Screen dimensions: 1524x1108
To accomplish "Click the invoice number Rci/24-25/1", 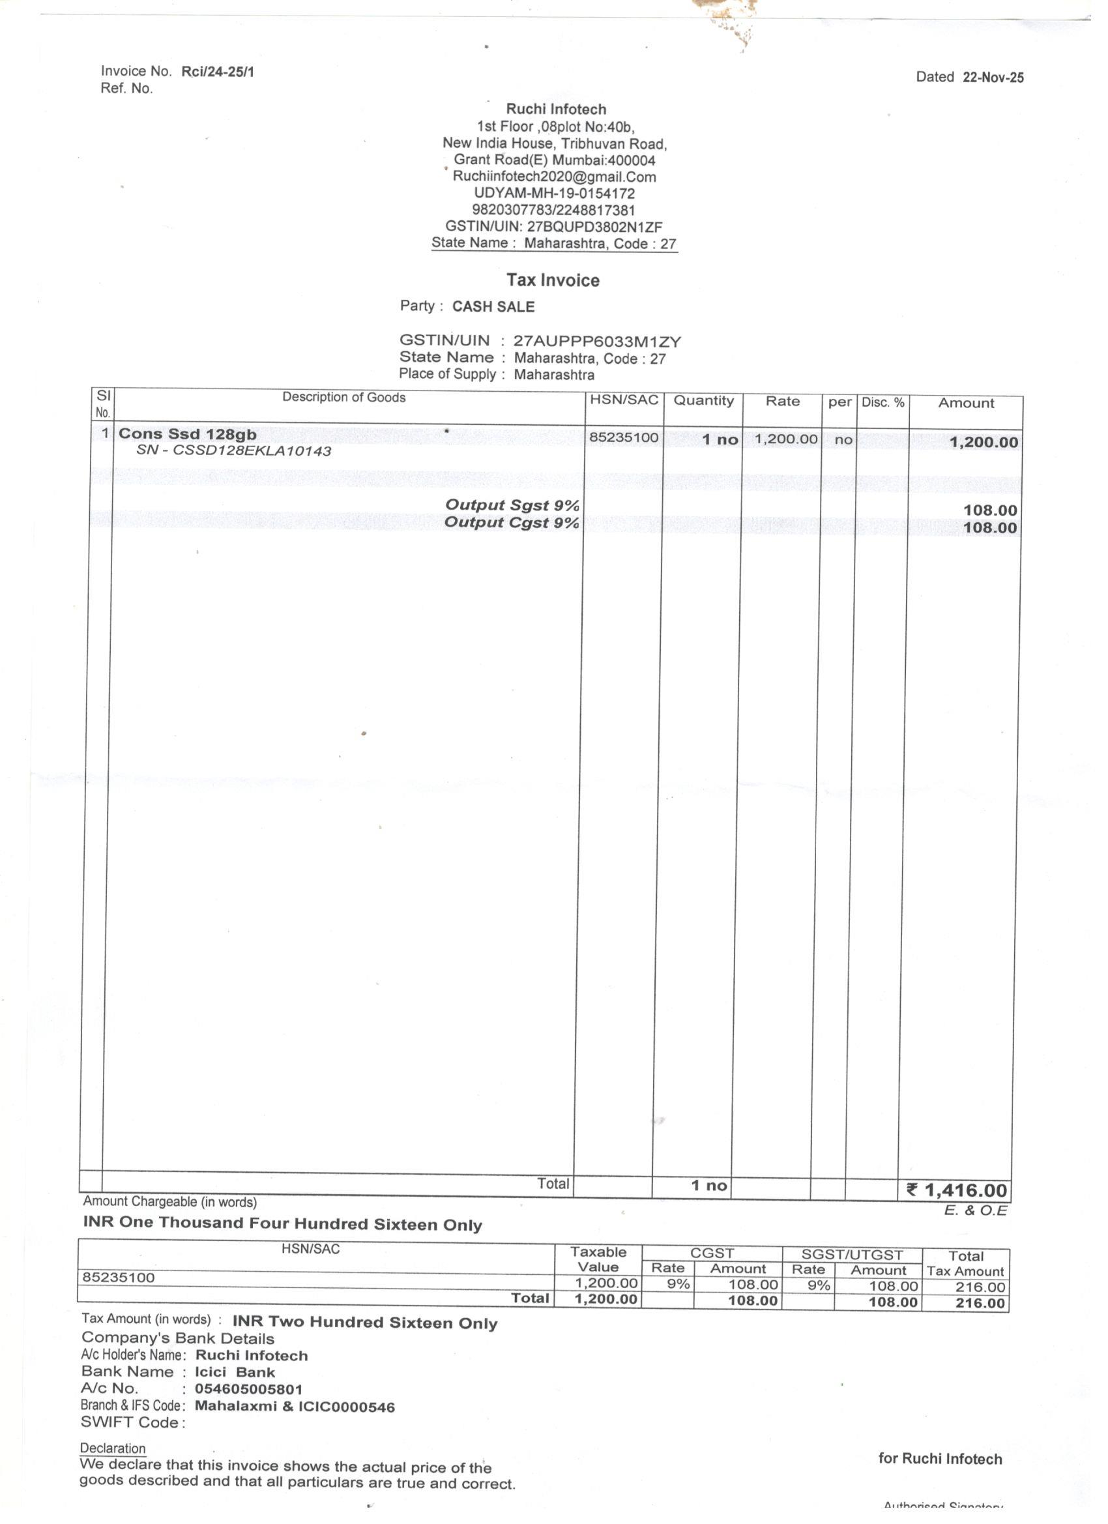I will tap(218, 72).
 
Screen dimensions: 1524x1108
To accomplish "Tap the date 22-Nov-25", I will tap(993, 78).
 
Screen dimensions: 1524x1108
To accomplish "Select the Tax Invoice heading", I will tap(552, 280).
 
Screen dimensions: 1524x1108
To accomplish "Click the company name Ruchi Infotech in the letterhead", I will tap(556, 109).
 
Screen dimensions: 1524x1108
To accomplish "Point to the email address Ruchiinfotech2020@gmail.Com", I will tap(555, 177).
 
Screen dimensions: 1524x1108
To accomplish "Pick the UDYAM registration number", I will tap(555, 194).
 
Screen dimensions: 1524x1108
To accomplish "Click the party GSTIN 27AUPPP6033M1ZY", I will tap(596, 342).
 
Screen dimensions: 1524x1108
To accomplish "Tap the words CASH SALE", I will tap(493, 307).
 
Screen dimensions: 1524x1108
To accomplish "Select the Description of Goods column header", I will tap(343, 397).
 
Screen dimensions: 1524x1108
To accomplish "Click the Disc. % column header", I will tap(883, 402).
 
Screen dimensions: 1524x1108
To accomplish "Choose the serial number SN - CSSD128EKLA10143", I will tap(234, 451).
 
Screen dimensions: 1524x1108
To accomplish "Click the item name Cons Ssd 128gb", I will tap(188, 434).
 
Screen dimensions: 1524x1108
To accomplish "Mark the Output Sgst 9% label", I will tap(512, 505).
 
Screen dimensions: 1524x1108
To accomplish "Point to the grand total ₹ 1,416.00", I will tap(957, 1191).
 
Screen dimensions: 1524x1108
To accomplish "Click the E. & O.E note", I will tap(975, 1211).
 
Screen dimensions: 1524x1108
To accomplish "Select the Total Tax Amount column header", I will tap(965, 1263).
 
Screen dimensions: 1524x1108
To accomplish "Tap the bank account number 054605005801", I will tap(248, 1389).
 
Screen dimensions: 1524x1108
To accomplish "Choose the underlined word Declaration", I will tap(112, 1448).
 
